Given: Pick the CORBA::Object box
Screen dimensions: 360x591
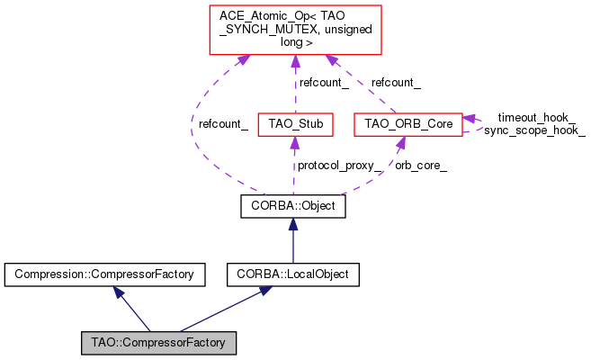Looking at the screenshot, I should coord(293,207).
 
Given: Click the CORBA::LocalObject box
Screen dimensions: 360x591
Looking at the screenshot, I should coord(293,272).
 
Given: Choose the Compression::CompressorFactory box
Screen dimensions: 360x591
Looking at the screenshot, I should coord(105,272).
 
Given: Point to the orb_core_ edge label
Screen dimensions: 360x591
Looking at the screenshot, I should coord(421,166).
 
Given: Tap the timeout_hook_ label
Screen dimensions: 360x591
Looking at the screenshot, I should coord(536,117).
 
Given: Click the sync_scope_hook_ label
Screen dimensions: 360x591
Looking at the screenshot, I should coord(534,130).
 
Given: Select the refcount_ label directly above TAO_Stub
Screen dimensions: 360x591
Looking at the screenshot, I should coord(324,83).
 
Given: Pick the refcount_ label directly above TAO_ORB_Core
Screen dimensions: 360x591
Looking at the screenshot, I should coord(396,83).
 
